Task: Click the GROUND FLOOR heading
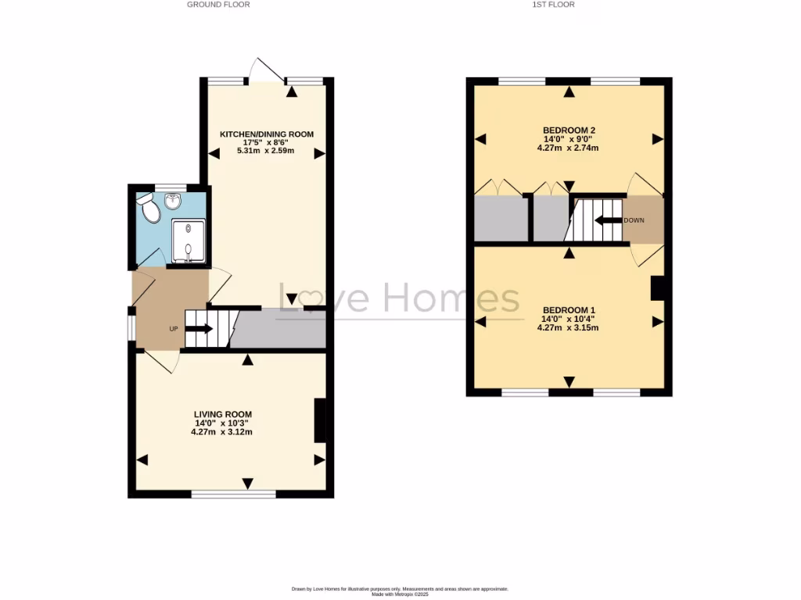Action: pos(218,5)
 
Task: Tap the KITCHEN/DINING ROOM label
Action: pos(267,134)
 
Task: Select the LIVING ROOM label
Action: pos(223,414)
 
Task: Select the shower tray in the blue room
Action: pos(189,239)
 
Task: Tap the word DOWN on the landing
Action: pos(634,220)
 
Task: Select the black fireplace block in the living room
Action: pos(319,420)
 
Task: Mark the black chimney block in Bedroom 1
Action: pos(657,288)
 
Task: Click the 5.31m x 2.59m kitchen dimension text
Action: pos(267,151)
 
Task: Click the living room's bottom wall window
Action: pos(233,494)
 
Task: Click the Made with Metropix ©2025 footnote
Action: pos(400,595)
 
